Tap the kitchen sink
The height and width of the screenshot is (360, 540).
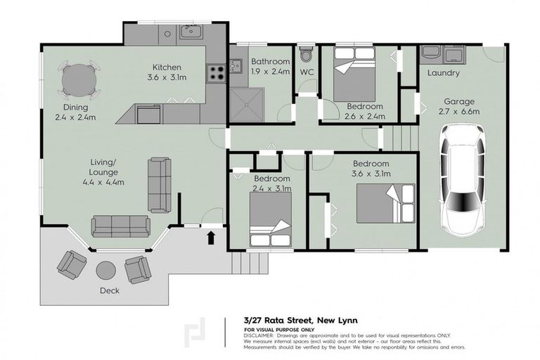[190, 31]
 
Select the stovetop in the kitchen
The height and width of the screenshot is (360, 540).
[215, 71]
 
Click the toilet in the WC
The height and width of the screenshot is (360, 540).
[306, 56]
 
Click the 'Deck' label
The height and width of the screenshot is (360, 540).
[109, 290]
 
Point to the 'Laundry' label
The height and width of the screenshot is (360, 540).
[443, 73]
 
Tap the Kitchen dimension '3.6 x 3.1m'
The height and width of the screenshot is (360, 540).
[167, 79]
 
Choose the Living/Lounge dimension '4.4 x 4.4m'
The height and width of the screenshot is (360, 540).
[105, 182]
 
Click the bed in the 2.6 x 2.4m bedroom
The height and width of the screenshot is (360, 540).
[355, 76]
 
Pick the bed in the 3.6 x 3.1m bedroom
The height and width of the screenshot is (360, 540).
[385, 203]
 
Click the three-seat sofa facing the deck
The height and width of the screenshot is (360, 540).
[120, 226]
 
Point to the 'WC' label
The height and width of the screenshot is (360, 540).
[307, 72]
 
